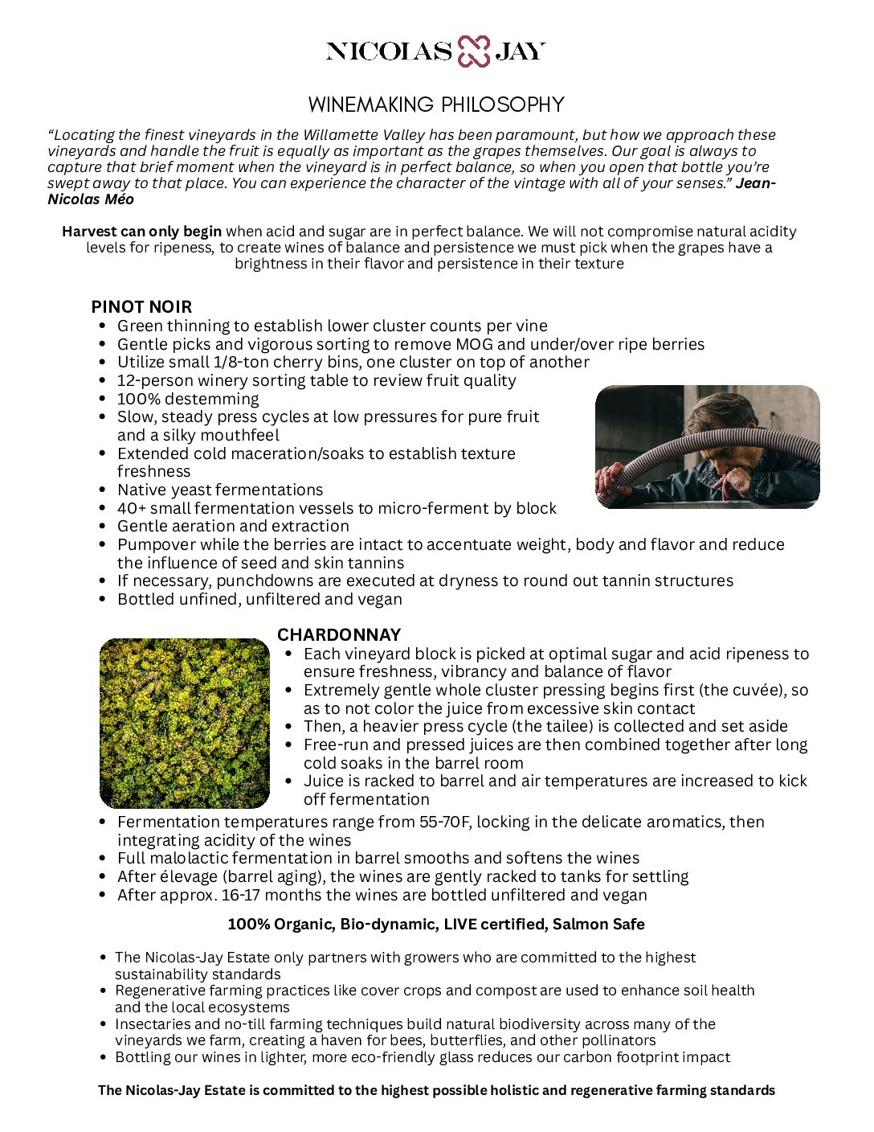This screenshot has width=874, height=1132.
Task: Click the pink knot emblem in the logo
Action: click(x=473, y=51)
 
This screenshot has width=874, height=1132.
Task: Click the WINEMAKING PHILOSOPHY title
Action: click(x=436, y=105)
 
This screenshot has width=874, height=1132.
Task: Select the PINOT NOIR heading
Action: click(x=141, y=306)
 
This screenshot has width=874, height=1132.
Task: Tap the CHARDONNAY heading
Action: click(x=339, y=634)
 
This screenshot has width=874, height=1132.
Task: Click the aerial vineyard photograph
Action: click(x=185, y=723)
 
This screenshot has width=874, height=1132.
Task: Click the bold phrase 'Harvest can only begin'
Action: click(x=141, y=232)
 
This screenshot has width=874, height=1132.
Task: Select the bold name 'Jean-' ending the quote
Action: click(x=755, y=183)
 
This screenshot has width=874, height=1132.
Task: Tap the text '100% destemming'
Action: click(x=188, y=399)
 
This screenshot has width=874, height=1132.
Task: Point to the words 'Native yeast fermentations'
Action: click(x=220, y=490)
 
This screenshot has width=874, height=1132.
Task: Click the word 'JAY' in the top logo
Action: click(x=520, y=51)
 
